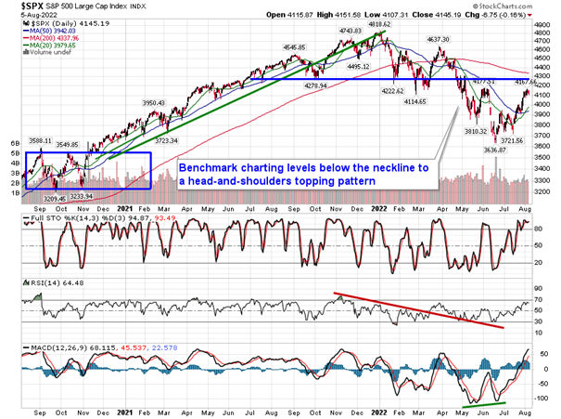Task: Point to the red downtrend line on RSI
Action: click(417, 310)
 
